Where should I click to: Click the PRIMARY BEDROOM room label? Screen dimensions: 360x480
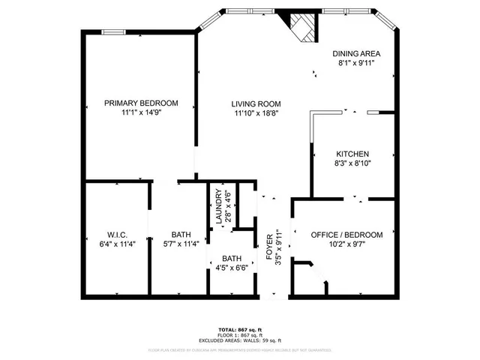coord(141,103)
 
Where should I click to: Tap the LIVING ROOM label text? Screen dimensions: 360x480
coord(256,103)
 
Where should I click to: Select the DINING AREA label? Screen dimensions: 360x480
coord(357,54)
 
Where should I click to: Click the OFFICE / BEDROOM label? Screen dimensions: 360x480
coord(346,235)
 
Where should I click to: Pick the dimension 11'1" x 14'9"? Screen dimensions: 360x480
coord(141,112)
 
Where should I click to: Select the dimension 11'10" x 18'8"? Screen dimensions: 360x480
coord(256,113)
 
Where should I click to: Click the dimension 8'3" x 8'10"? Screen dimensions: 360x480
coord(352,163)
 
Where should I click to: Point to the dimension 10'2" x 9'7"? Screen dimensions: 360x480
coord(346,244)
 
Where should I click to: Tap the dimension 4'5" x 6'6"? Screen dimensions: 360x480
coord(232,268)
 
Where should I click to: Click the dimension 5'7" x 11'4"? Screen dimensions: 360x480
coord(181,243)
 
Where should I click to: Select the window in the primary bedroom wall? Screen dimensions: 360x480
coord(114,31)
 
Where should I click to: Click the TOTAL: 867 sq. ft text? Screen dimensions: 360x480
coord(240,330)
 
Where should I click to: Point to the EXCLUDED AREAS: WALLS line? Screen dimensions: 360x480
coord(240,340)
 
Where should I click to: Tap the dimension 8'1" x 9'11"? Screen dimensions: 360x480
coord(357,64)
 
